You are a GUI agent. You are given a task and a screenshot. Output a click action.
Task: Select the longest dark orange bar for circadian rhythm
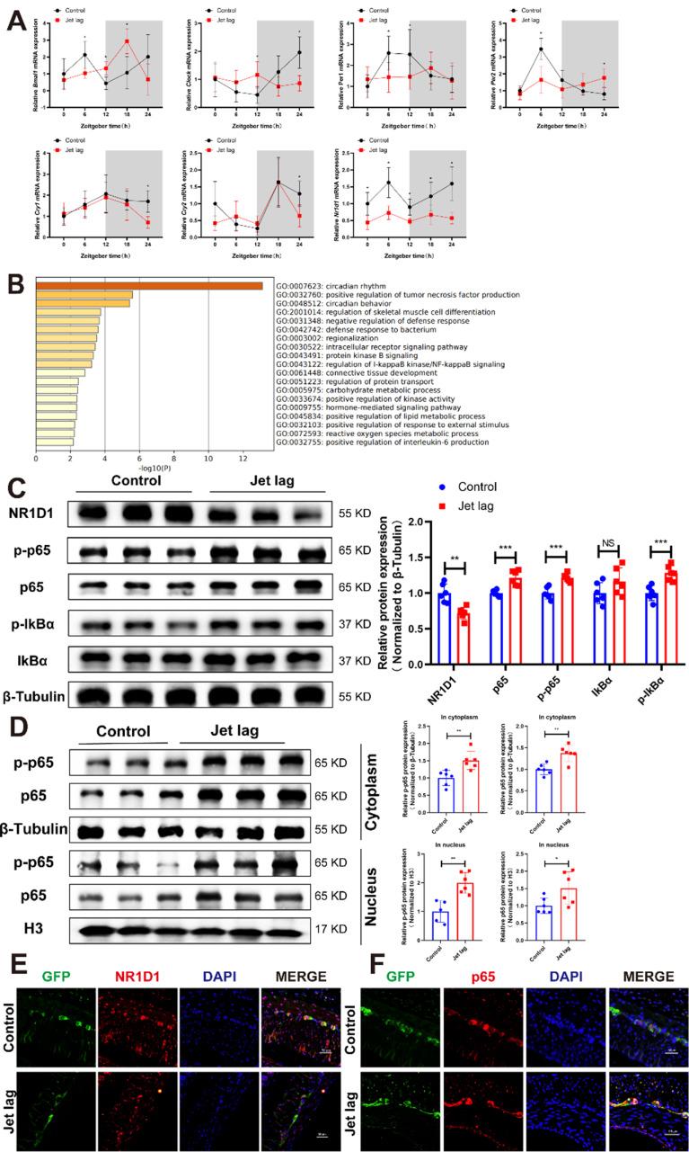coord(149,286)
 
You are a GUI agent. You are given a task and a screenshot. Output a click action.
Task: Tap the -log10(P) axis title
coord(140,468)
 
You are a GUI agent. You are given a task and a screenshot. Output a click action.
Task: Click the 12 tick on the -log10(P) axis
coord(243,458)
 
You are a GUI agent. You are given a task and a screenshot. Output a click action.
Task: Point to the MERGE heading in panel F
coord(647,977)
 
